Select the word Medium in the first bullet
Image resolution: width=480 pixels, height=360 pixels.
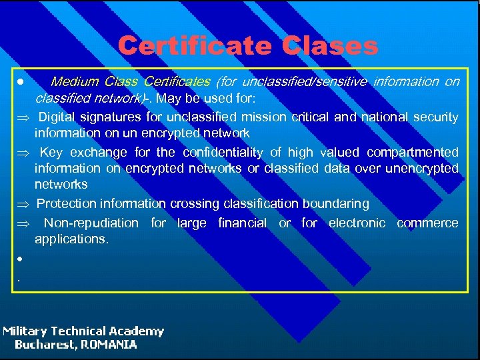[74, 82]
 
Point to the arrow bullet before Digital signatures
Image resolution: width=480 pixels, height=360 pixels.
[20, 118]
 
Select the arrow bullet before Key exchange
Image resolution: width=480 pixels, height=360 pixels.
[20, 153]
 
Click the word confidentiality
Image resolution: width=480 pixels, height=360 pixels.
[223, 153]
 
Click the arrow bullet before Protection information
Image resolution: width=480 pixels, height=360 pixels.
[20, 204]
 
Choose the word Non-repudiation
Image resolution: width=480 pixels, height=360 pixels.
[91, 223]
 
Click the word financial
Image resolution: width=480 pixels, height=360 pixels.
[243, 223]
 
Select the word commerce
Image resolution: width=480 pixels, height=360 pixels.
[427, 223]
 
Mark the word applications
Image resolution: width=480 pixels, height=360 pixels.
[71, 239]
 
